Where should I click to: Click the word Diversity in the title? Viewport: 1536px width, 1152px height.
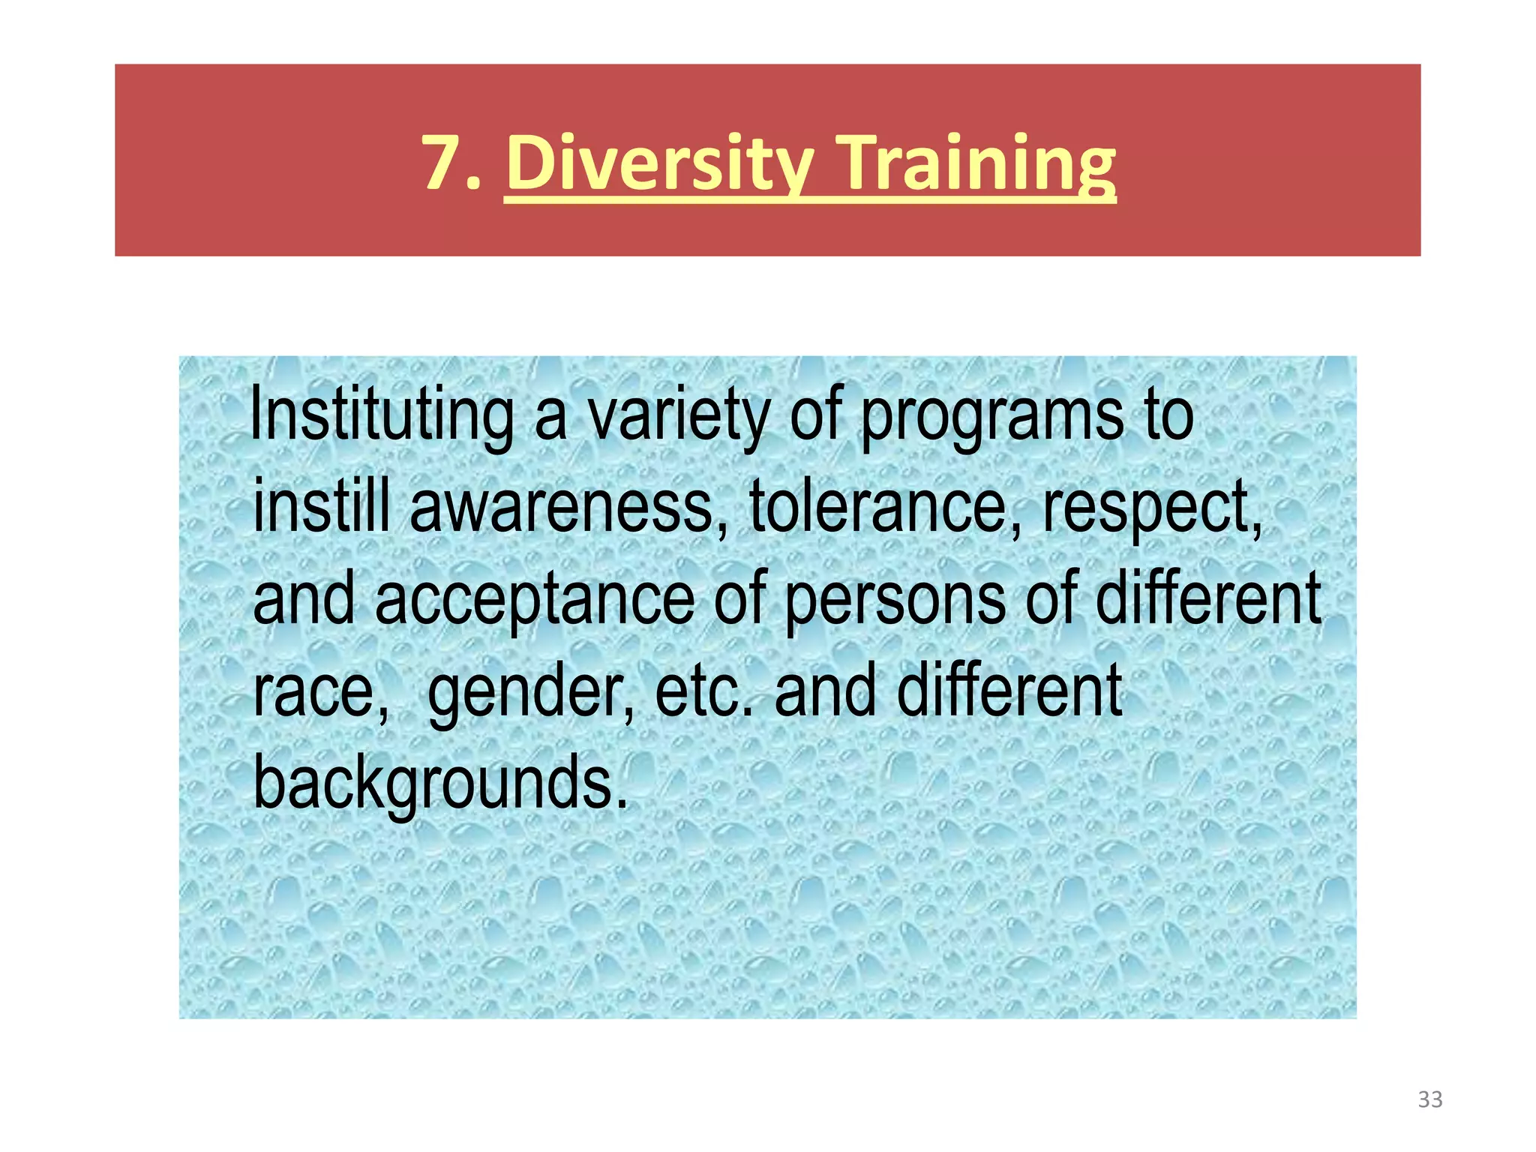coord(659,163)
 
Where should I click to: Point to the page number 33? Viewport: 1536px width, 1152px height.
coord(1430,1099)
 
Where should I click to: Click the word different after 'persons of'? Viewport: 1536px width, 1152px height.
coord(1208,598)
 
